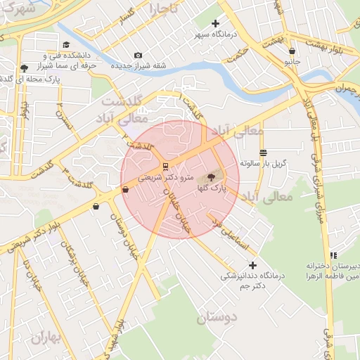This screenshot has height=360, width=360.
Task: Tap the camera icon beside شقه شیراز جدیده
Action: pyautogui.click(x=138, y=56)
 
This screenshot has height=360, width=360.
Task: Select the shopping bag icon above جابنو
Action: pyautogui.click(x=292, y=51)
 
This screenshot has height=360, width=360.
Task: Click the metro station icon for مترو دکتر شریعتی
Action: pyautogui.click(x=165, y=167)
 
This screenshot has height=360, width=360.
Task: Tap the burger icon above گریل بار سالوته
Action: pyautogui.click(x=263, y=153)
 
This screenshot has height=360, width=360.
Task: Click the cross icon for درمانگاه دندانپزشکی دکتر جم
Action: pyautogui.click(x=252, y=265)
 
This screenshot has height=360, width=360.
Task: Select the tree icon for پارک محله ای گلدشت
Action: pyautogui.click(x=25, y=68)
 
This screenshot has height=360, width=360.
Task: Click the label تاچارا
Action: pyautogui.click(x=164, y=8)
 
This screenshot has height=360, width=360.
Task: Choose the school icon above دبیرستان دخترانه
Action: pyautogui.click(x=333, y=255)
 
